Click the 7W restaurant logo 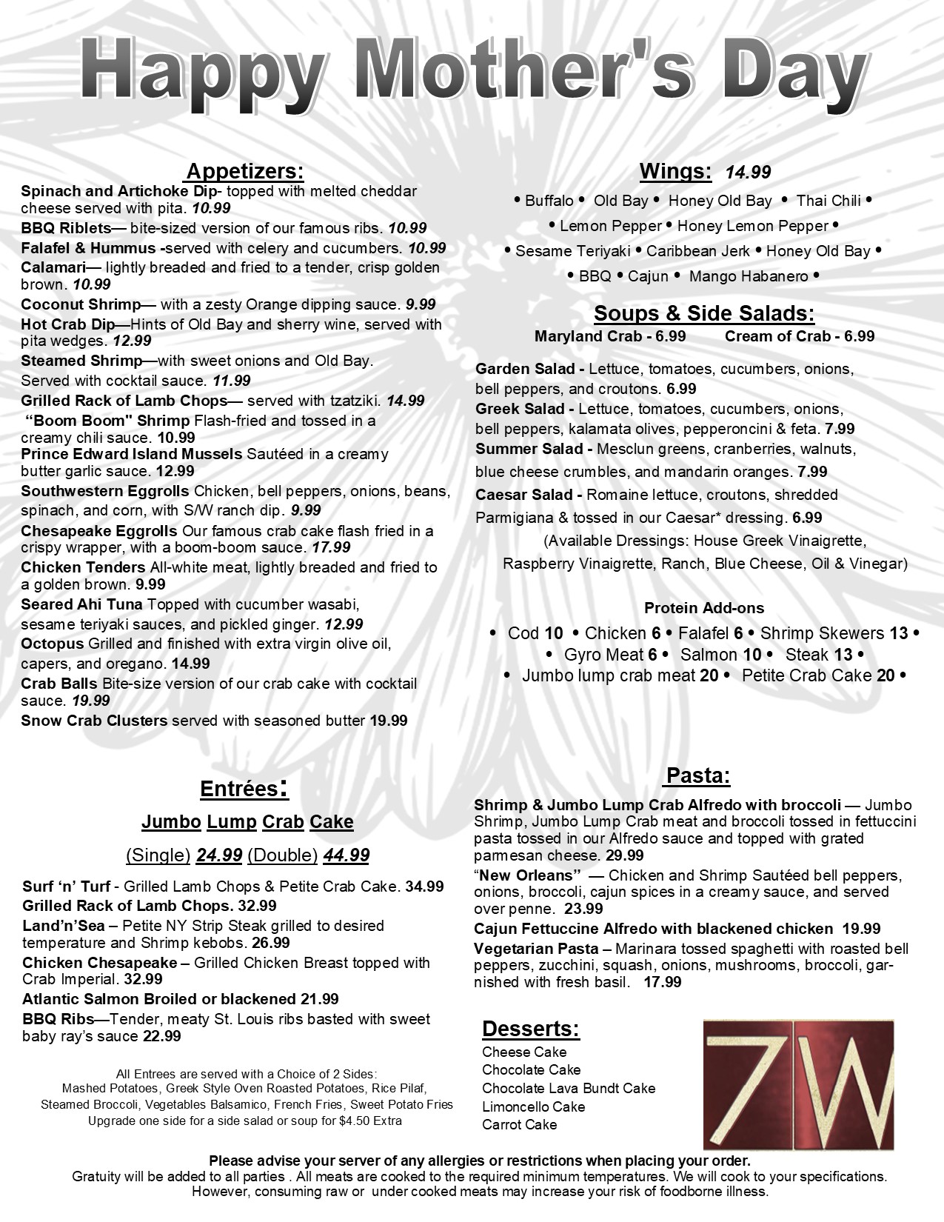point(797,1083)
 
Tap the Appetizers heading point(244,172)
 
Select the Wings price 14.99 point(748,173)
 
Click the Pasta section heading point(698,776)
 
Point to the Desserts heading point(530,1029)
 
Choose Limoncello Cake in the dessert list point(533,1106)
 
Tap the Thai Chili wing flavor point(828,201)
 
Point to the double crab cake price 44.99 point(346,855)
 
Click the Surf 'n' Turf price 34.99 point(424,887)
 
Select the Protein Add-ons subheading point(703,608)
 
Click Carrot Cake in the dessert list point(519,1124)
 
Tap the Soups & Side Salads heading point(703,313)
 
